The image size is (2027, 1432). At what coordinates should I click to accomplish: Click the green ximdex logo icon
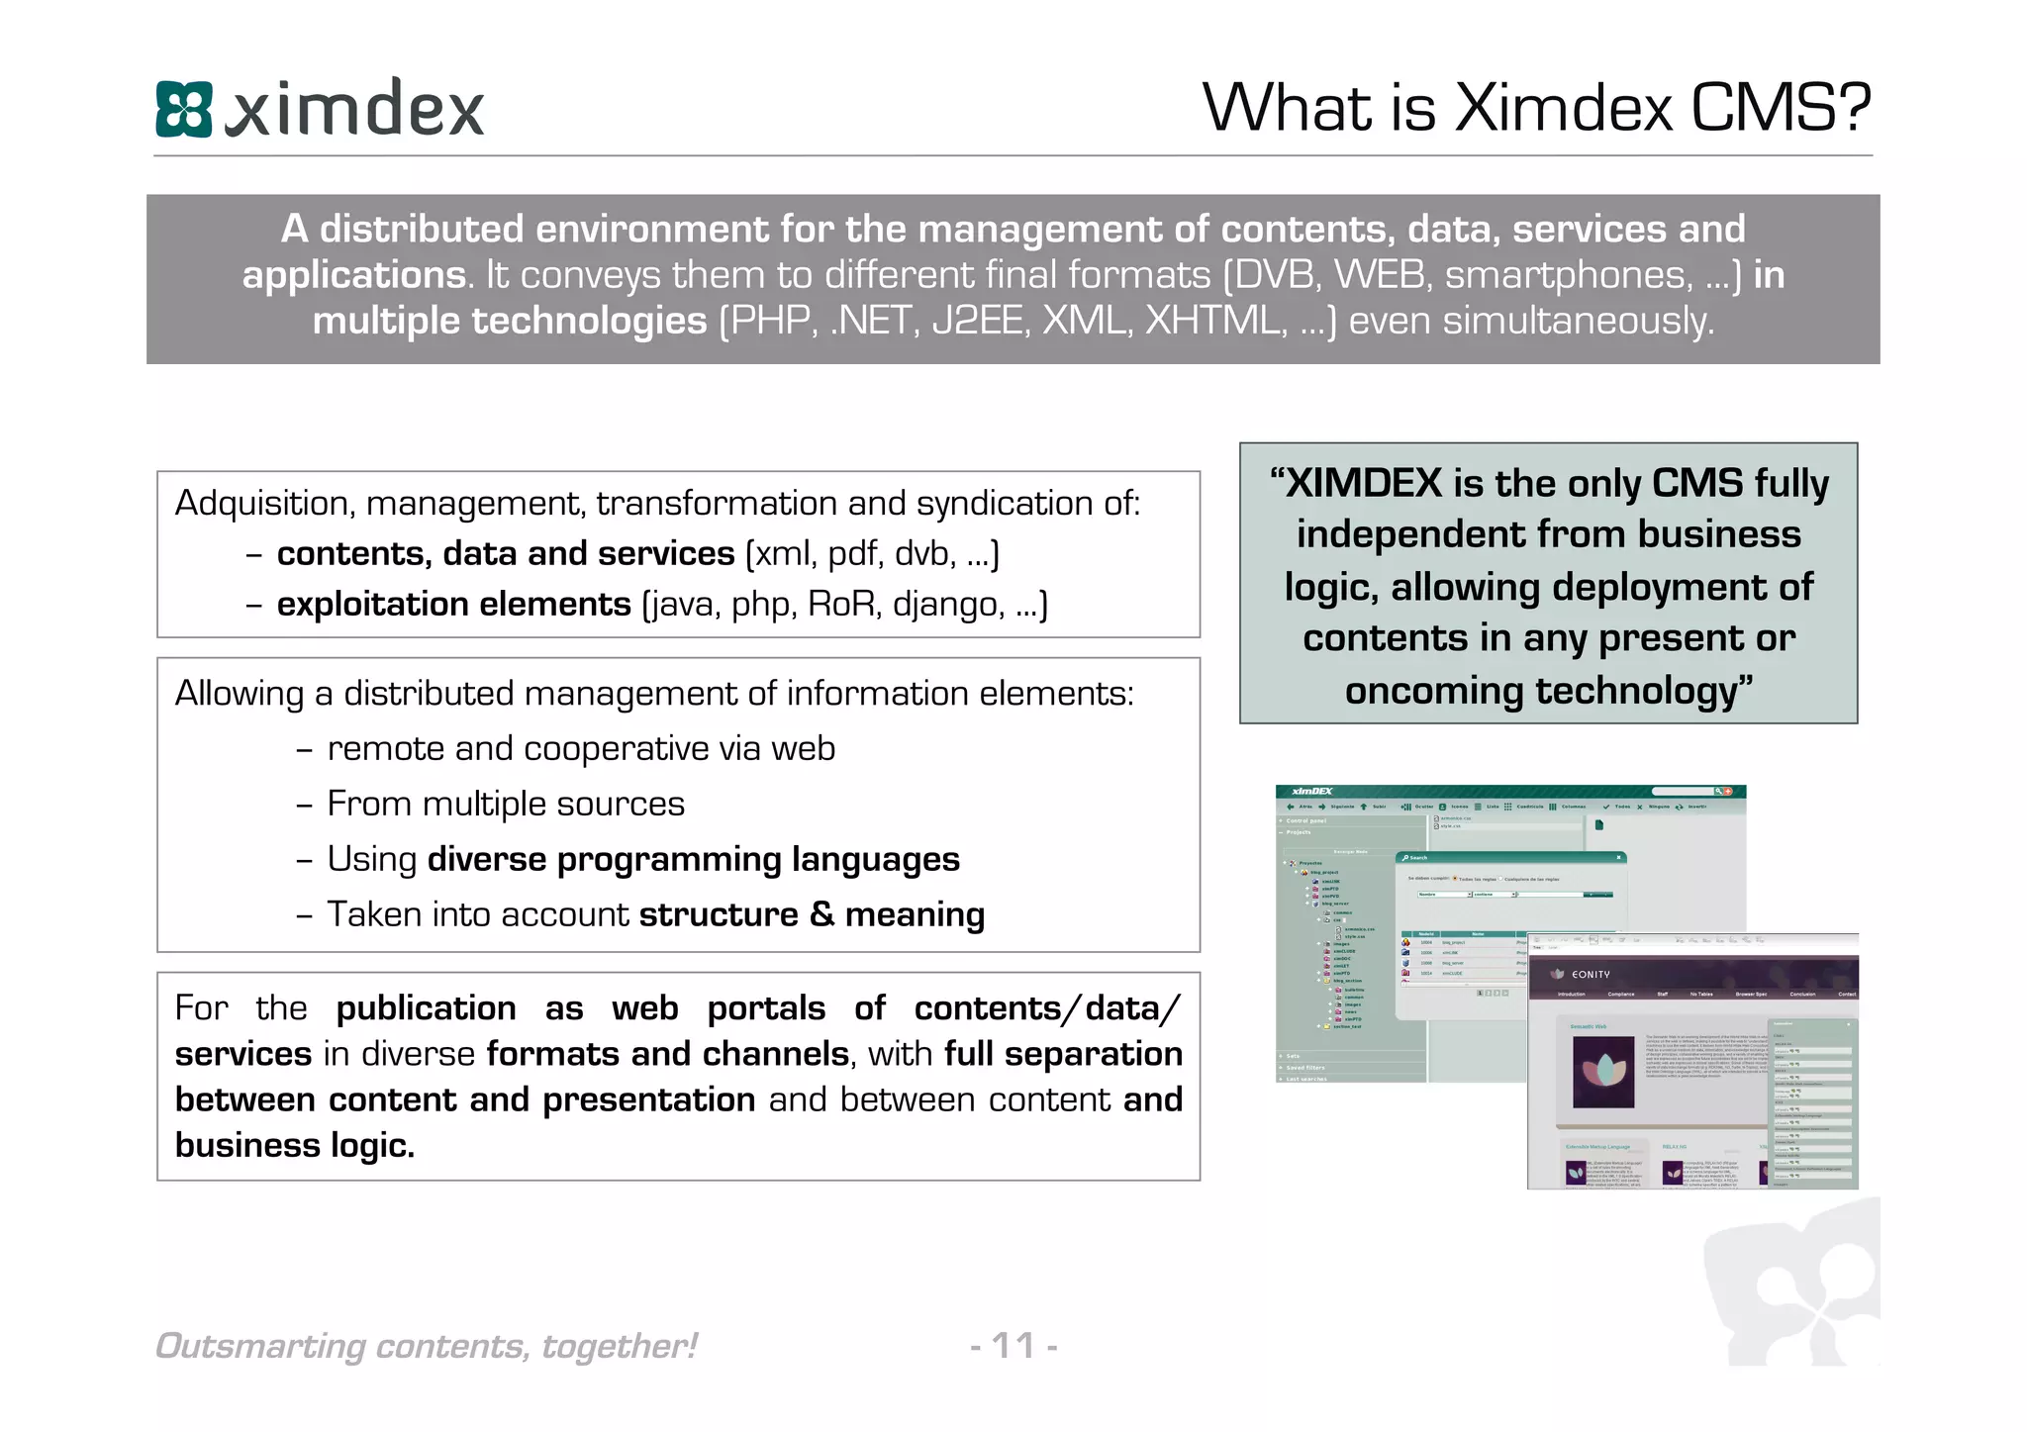[184, 109]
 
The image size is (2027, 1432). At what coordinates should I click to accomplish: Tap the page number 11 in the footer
[1013, 1345]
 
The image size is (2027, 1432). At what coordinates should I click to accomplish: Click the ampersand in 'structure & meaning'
[821, 914]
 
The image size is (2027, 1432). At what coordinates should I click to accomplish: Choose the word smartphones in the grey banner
[1568, 275]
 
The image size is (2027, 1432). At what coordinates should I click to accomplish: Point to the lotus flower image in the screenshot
[1603, 1072]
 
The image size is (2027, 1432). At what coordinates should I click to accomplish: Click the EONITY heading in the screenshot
[1591, 975]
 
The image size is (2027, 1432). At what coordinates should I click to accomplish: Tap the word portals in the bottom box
[766, 1008]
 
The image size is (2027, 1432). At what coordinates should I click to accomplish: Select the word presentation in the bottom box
[648, 1099]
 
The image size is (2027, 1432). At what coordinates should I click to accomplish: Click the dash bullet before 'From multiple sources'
[304, 805]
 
